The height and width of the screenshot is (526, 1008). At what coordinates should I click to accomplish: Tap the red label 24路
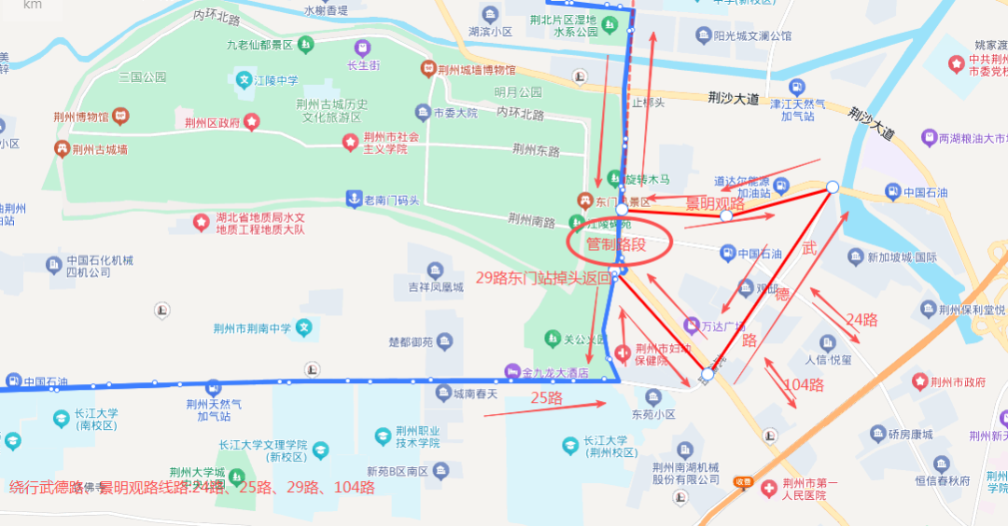[x=861, y=319]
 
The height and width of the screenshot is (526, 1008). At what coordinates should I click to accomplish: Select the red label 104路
[x=803, y=384]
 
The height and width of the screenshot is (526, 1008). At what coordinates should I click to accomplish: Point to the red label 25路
[x=546, y=398]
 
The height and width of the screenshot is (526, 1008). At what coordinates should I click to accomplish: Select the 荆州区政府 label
[x=213, y=122]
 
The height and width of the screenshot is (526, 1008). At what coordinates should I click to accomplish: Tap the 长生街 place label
[x=363, y=65]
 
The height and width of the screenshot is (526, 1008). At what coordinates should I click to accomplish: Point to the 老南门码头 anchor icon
[x=354, y=198]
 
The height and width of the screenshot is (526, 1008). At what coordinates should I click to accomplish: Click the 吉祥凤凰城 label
[x=428, y=286]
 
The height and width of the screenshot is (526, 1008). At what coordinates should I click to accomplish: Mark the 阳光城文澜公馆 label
[x=752, y=36]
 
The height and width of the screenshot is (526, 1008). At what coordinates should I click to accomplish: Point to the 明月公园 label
[x=518, y=91]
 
